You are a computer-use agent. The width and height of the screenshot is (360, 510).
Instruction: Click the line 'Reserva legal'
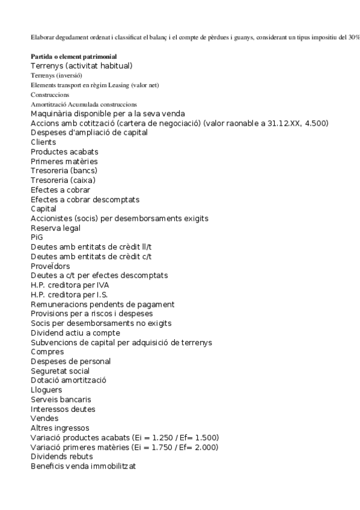click(x=55, y=228)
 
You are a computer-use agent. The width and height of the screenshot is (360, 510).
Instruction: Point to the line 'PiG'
click(x=37, y=238)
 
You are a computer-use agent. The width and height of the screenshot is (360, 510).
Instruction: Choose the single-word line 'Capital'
click(x=44, y=209)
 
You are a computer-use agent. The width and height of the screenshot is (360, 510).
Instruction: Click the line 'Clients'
click(x=43, y=142)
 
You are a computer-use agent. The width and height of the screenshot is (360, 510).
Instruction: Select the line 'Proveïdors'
click(x=50, y=266)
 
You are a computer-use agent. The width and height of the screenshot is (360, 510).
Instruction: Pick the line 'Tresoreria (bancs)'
click(x=64, y=171)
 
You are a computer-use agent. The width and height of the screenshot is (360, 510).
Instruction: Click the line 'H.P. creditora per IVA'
click(x=70, y=285)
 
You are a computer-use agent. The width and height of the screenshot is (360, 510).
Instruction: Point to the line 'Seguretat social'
click(x=60, y=371)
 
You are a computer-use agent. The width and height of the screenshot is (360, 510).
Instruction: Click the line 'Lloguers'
click(x=46, y=390)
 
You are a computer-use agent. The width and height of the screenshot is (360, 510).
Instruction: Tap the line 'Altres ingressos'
click(x=59, y=428)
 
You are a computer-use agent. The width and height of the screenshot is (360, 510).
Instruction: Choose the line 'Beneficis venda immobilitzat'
click(x=83, y=466)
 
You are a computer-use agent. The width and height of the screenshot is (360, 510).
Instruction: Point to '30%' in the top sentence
click(x=352, y=37)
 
